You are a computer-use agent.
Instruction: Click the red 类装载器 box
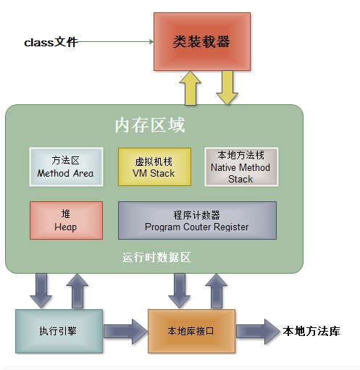201,41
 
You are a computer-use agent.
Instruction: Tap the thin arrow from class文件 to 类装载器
116,42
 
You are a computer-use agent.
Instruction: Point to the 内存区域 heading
150,125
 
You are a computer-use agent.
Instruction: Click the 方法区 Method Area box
64,167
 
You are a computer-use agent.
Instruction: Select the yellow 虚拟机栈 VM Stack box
154,167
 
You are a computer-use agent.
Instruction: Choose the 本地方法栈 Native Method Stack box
240,167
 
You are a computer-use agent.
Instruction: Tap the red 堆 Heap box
65,220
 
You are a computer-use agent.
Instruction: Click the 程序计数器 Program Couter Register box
196,220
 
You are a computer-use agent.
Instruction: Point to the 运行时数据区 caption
155,258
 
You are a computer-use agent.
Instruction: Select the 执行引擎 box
59,331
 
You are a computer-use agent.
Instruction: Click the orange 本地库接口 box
191,331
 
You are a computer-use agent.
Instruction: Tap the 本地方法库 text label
310,331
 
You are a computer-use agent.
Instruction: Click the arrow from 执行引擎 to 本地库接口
125,331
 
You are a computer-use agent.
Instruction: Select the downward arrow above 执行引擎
41,290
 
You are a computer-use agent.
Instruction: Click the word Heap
65,227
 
